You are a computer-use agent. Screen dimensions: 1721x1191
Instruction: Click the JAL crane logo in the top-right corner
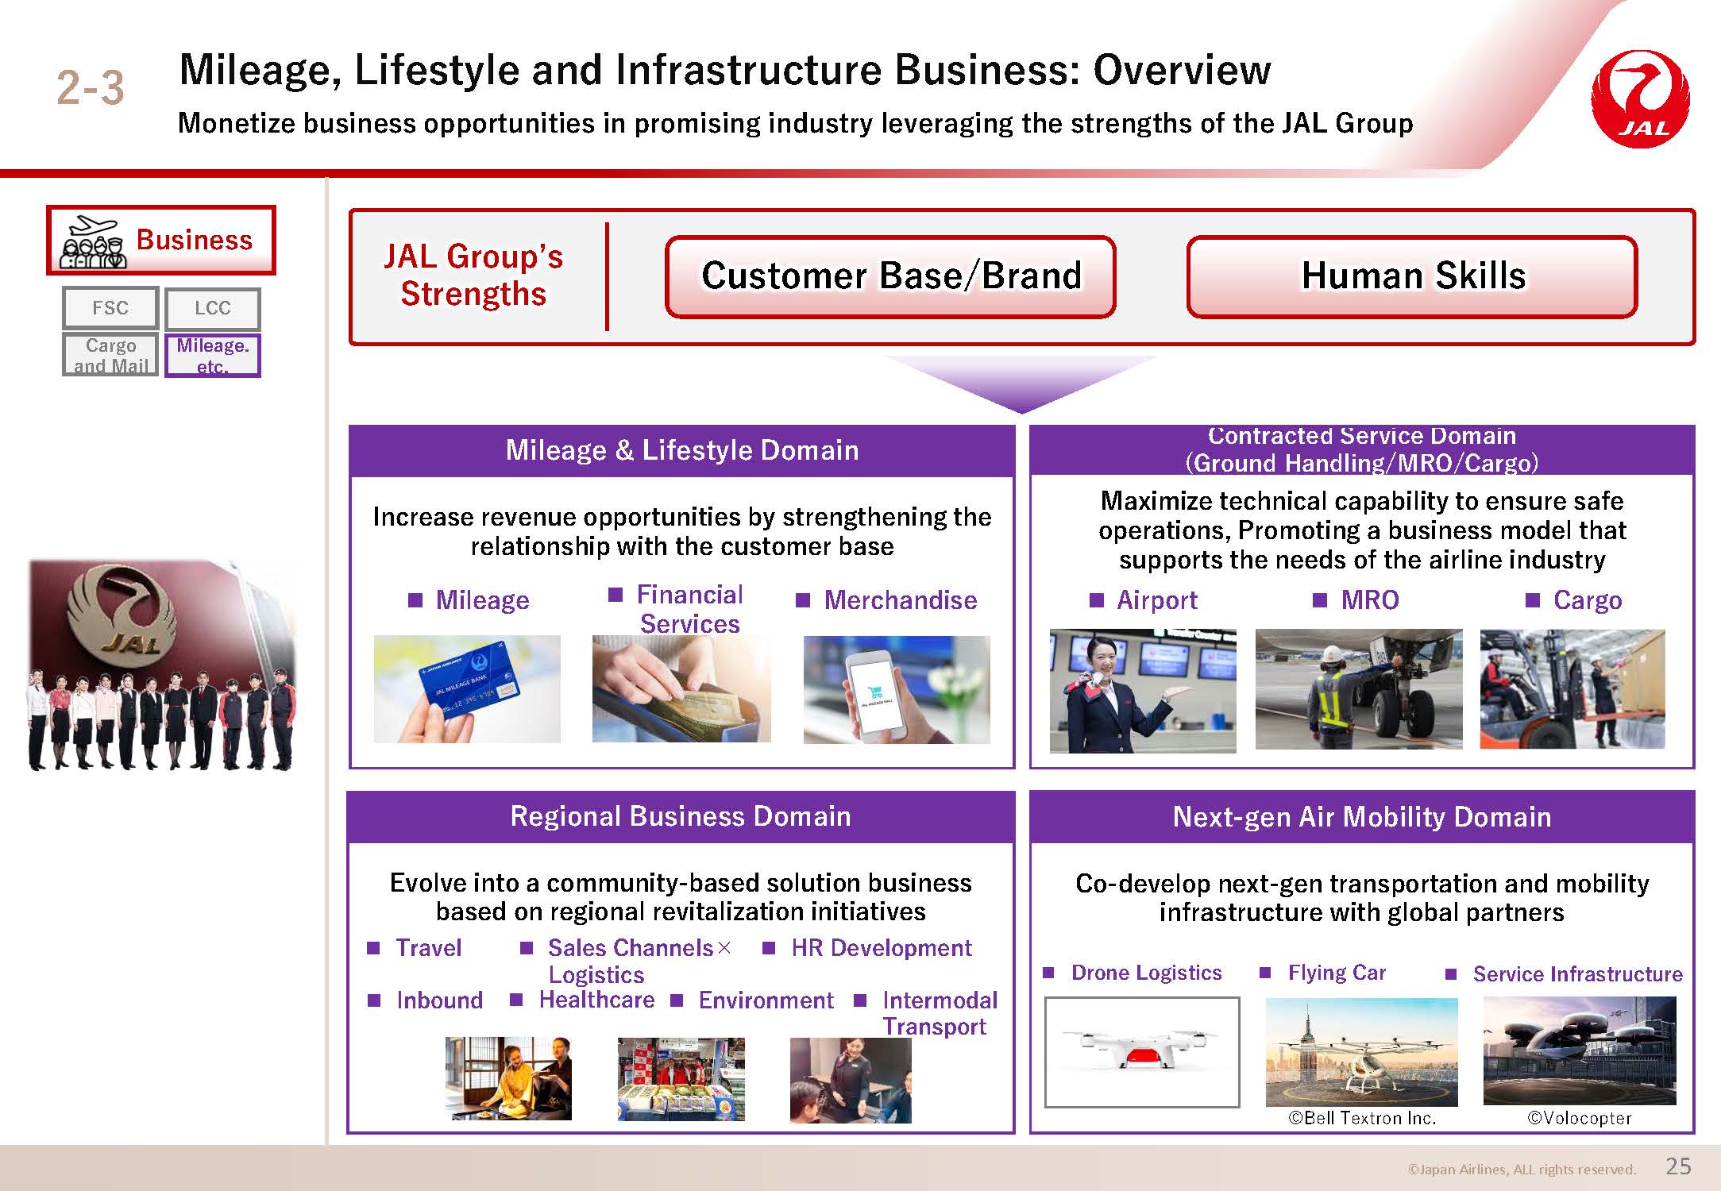[1640, 99]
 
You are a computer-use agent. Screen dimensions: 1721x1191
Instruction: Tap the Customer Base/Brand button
[890, 276]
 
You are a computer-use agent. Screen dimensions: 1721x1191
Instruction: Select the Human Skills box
[1412, 276]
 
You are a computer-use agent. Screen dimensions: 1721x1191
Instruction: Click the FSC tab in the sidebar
[110, 308]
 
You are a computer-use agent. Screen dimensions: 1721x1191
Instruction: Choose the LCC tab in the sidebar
[213, 308]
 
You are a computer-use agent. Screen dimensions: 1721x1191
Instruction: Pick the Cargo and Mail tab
[110, 355]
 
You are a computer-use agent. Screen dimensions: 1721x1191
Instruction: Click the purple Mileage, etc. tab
[213, 355]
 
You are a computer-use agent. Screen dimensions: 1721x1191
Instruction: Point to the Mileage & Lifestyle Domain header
[682, 450]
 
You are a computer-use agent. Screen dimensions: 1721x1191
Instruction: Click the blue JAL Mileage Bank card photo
[467, 689]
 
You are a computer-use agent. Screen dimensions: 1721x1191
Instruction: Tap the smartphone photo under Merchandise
[897, 689]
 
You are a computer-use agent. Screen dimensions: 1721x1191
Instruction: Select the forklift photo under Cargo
[1572, 689]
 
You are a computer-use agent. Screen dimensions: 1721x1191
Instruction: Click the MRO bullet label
[1370, 600]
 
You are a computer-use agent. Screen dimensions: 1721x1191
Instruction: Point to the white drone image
[1141, 1051]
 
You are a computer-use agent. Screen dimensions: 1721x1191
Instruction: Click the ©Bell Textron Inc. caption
[1362, 1118]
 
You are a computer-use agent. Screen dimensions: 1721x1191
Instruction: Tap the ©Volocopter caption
[1579, 1118]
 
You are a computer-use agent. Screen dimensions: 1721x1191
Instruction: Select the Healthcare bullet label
[596, 1000]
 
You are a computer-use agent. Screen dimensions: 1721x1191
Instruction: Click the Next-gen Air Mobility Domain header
[1362, 817]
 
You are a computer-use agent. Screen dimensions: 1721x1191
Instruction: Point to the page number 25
[1678, 1166]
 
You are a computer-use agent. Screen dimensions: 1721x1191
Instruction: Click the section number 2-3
[91, 87]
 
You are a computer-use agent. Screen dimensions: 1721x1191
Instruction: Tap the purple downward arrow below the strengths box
[1021, 381]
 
